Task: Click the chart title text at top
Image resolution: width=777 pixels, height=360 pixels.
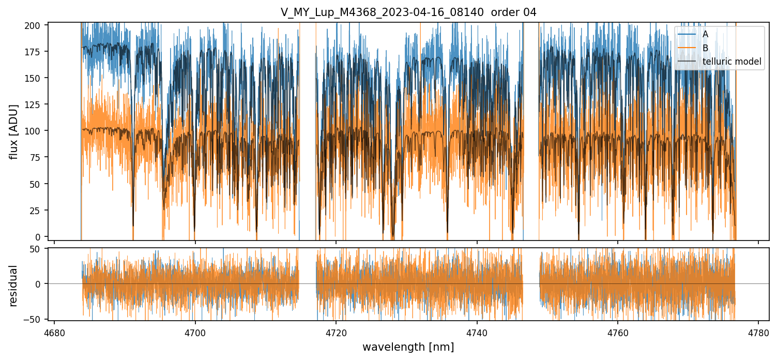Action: tap(408, 12)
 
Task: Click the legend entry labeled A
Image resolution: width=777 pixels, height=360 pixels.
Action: tap(705, 34)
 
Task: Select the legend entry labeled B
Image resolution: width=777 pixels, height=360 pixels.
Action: tap(705, 48)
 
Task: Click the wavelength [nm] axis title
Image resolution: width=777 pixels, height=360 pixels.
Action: tap(408, 347)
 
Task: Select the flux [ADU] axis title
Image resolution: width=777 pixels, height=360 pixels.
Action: tap(14, 131)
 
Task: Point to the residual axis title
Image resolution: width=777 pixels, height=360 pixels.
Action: tap(14, 286)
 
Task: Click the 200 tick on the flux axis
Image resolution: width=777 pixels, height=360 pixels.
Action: tap(36, 25)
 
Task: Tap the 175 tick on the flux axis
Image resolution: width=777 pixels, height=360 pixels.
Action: tap(36, 52)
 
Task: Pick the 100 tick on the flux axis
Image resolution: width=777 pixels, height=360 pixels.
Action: tap(36, 131)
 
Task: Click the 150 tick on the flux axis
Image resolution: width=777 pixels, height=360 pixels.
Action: tap(36, 78)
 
